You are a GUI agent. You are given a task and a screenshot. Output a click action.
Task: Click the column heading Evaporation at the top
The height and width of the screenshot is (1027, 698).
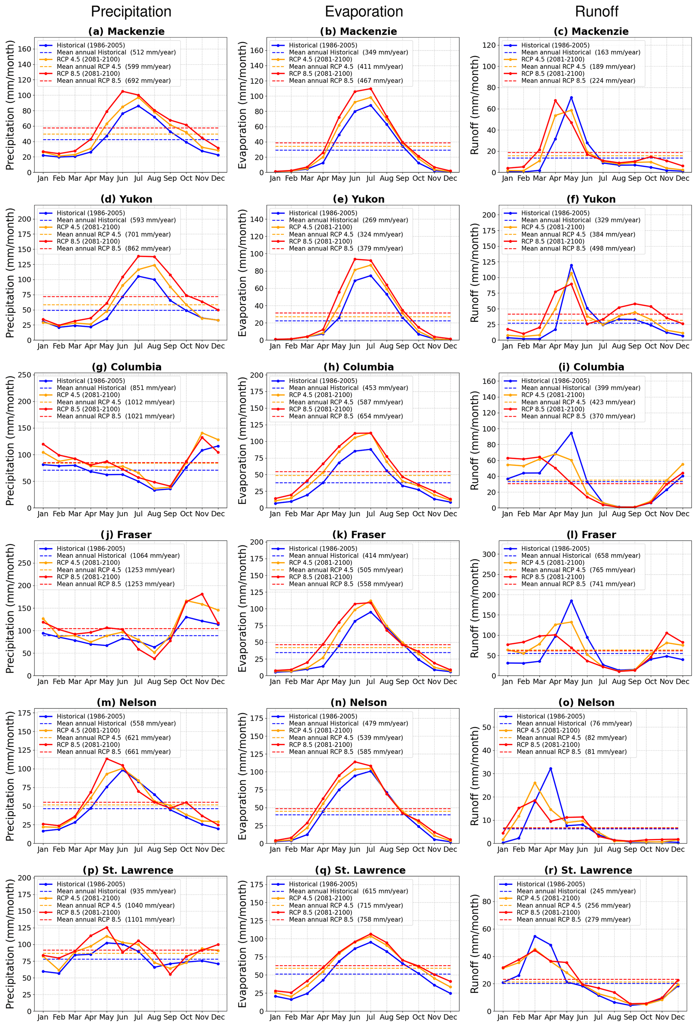click(x=364, y=11)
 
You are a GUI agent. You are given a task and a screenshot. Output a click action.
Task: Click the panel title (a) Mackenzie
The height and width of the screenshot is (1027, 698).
click(x=126, y=31)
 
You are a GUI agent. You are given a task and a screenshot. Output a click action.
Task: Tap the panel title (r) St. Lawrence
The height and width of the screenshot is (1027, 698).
click(x=588, y=870)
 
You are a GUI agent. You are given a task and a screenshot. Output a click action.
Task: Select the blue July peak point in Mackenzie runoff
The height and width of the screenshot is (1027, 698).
click(x=571, y=98)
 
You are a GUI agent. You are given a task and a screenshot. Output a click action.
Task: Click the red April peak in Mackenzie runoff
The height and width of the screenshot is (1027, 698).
click(x=555, y=101)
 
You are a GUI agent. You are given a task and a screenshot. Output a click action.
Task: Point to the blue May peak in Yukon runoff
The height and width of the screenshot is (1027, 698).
click(x=571, y=265)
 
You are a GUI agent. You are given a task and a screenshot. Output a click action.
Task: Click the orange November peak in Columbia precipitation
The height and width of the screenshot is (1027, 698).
click(x=202, y=433)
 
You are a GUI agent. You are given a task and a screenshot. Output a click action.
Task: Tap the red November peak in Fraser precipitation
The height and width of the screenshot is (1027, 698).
click(x=202, y=594)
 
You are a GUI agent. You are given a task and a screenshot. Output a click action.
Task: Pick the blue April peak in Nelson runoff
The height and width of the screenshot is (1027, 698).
click(x=550, y=769)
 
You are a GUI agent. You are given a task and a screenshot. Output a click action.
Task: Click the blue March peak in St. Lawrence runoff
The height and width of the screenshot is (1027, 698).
click(x=535, y=936)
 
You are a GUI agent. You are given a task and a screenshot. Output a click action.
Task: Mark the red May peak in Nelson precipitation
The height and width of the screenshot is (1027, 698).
click(x=106, y=759)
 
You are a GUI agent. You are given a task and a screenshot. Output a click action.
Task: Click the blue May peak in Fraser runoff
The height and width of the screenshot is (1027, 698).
click(x=571, y=601)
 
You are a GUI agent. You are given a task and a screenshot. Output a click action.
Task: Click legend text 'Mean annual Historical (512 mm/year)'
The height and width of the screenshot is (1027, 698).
click(x=116, y=52)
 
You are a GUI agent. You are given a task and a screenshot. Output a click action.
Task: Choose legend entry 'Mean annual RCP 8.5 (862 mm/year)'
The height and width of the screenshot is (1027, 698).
click(x=113, y=248)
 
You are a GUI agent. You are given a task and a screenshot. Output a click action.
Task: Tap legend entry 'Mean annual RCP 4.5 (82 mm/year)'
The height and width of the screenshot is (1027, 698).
click(x=571, y=738)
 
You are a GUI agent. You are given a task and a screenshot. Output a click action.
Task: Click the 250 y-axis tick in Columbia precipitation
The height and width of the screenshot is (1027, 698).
click(x=26, y=375)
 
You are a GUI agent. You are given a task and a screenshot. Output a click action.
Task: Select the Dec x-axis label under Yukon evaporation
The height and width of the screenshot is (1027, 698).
click(x=450, y=346)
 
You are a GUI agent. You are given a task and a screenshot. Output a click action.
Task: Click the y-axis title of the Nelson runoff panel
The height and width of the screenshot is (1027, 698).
click(x=474, y=776)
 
